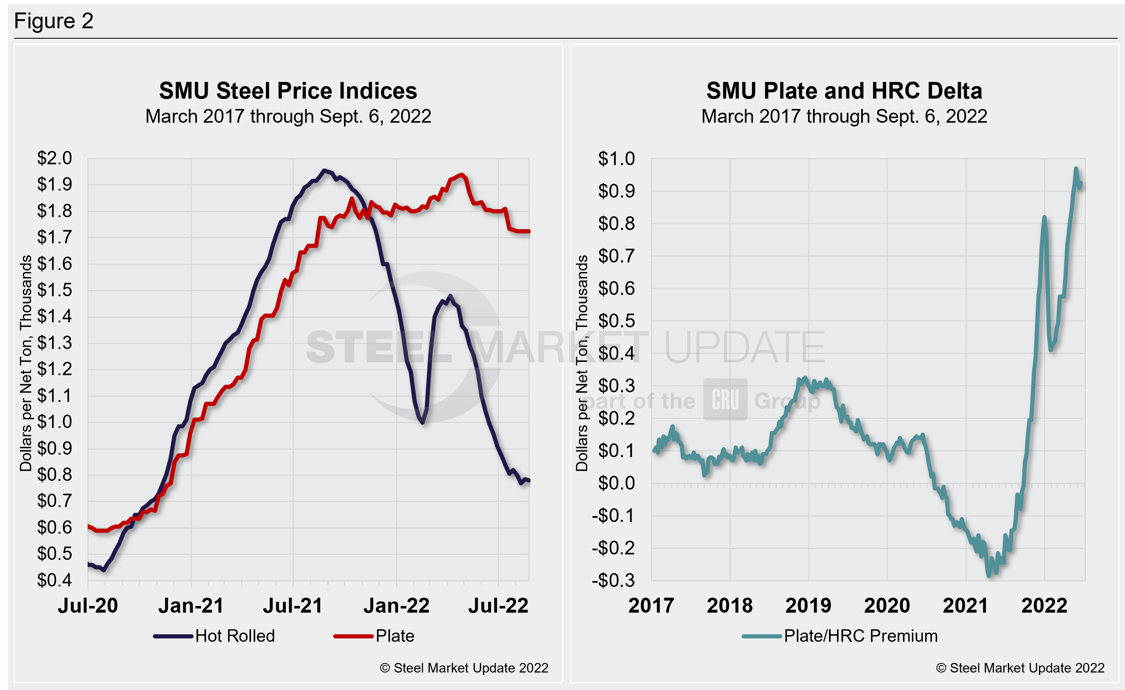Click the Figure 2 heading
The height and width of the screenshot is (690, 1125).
click(54, 21)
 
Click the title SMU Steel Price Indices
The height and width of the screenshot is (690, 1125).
click(287, 91)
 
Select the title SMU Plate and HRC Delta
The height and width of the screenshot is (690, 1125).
click(844, 91)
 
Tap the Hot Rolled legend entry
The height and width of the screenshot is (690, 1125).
click(234, 636)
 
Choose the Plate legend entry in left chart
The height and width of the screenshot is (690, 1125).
click(395, 636)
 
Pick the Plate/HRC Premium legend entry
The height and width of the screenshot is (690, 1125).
click(860, 636)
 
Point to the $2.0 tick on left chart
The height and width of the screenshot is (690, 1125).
click(54, 158)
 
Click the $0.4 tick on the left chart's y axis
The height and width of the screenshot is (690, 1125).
click(54, 580)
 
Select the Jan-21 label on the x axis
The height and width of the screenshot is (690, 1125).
click(191, 606)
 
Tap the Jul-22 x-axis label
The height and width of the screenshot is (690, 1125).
click(498, 606)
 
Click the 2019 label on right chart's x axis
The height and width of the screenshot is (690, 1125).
click(808, 606)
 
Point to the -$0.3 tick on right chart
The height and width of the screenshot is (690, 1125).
click(613, 580)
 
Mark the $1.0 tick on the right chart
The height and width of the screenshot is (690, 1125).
click(617, 158)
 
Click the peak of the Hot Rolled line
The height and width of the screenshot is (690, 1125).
click(324, 171)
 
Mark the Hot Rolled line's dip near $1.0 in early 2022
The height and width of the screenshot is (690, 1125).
click(423, 422)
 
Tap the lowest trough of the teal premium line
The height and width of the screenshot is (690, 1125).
click(989, 576)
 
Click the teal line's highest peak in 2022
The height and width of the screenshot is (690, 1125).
click(1076, 168)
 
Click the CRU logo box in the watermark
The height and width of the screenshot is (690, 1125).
click(725, 399)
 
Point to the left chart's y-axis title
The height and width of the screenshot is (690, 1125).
click(26, 363)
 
